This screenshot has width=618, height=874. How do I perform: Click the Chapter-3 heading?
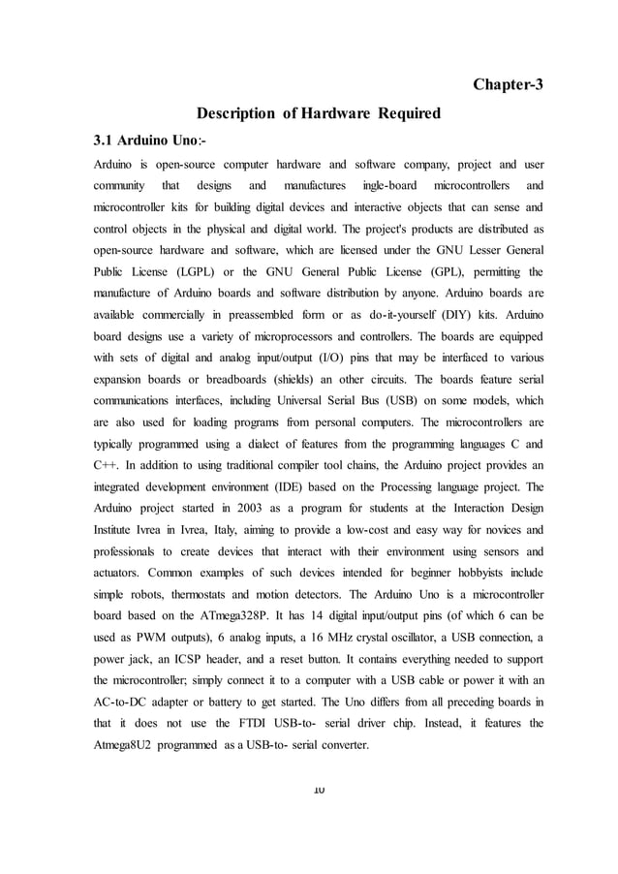(508, 84)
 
